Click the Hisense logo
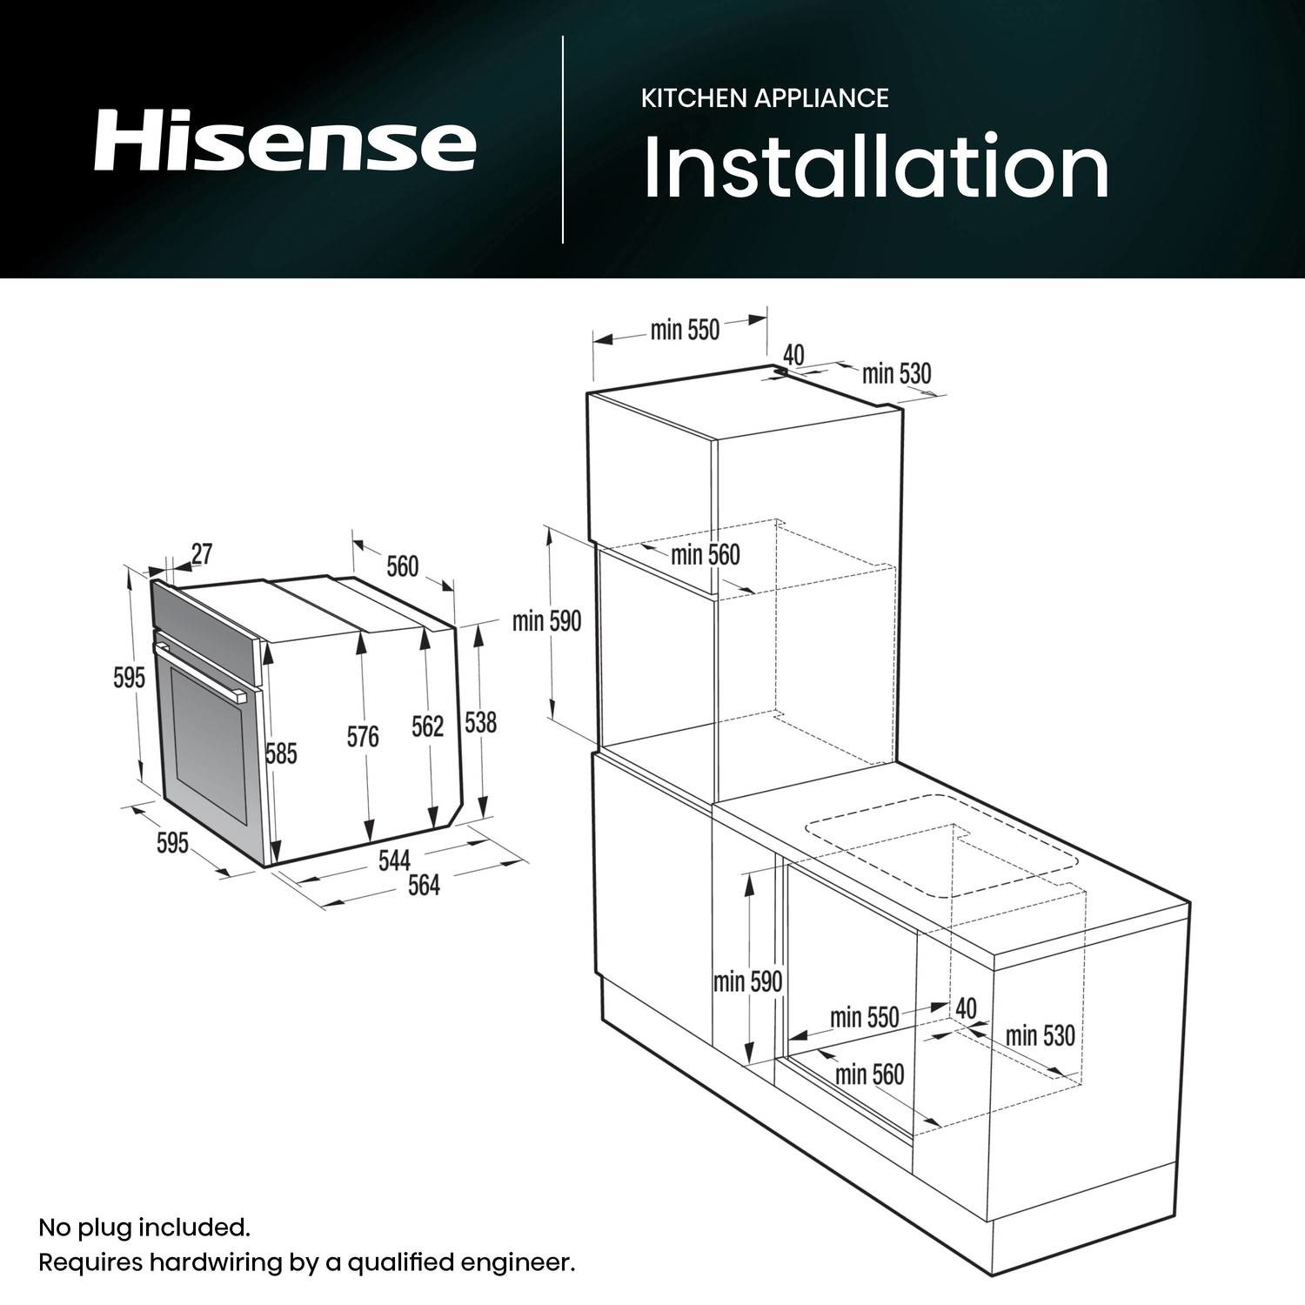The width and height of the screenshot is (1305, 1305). pos(284,139)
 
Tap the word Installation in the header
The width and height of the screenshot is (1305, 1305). pos(876,166)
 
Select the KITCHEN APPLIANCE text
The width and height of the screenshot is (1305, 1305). pos(765,97)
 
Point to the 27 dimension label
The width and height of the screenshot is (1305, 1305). pos(202,553)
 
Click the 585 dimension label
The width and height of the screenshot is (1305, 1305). pos(282,753)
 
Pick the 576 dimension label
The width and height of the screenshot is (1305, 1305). pos(363,737)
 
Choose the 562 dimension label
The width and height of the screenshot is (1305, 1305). pos(427,726)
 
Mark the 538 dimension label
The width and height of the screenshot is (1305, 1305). pos(480,722)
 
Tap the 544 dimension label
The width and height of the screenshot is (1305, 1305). pos(394,860)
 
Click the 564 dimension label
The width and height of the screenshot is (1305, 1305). pos(425,885)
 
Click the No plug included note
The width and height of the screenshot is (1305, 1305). pos(144,1228)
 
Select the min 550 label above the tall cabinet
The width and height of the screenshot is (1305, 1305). pos(686,330)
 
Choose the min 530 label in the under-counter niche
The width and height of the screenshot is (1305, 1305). pos(1041,1035)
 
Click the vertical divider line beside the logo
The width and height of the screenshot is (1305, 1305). pos(563,139)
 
